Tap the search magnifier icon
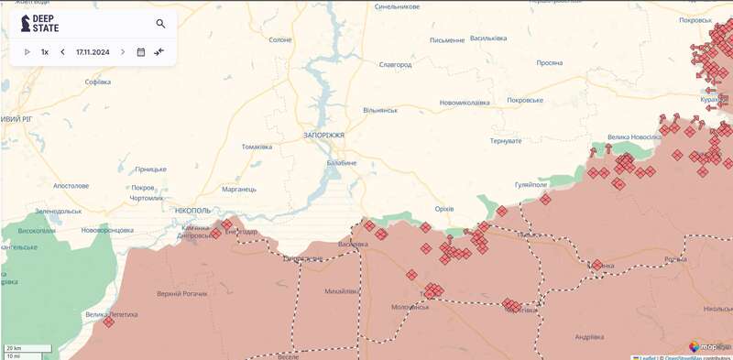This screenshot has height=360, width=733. (x=161, y=24)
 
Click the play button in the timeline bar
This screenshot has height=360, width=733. (x=27, y=52)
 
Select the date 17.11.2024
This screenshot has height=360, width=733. (x=93, y=52)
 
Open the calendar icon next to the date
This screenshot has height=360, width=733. (x=141, y=52)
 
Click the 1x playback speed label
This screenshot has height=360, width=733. (x=45, y=52)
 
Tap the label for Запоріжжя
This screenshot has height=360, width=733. (x=323, y=135)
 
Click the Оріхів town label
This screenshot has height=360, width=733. (x=444, y=209)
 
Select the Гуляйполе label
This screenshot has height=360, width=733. (x=531, y=184)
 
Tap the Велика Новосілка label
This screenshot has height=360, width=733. (x=632, y=137)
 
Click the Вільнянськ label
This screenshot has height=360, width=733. (x=380, y=110)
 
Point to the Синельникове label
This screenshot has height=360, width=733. (x=398, y=6)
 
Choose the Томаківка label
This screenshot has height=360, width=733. (x=257, y=147)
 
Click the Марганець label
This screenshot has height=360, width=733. (x=239, y=189)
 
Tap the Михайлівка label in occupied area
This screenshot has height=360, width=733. (x=342, y=291)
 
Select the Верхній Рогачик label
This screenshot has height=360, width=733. (x=181, y=293)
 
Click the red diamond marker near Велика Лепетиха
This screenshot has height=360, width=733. (x=109, y=322)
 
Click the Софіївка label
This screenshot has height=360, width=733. (x=98, y=82)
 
